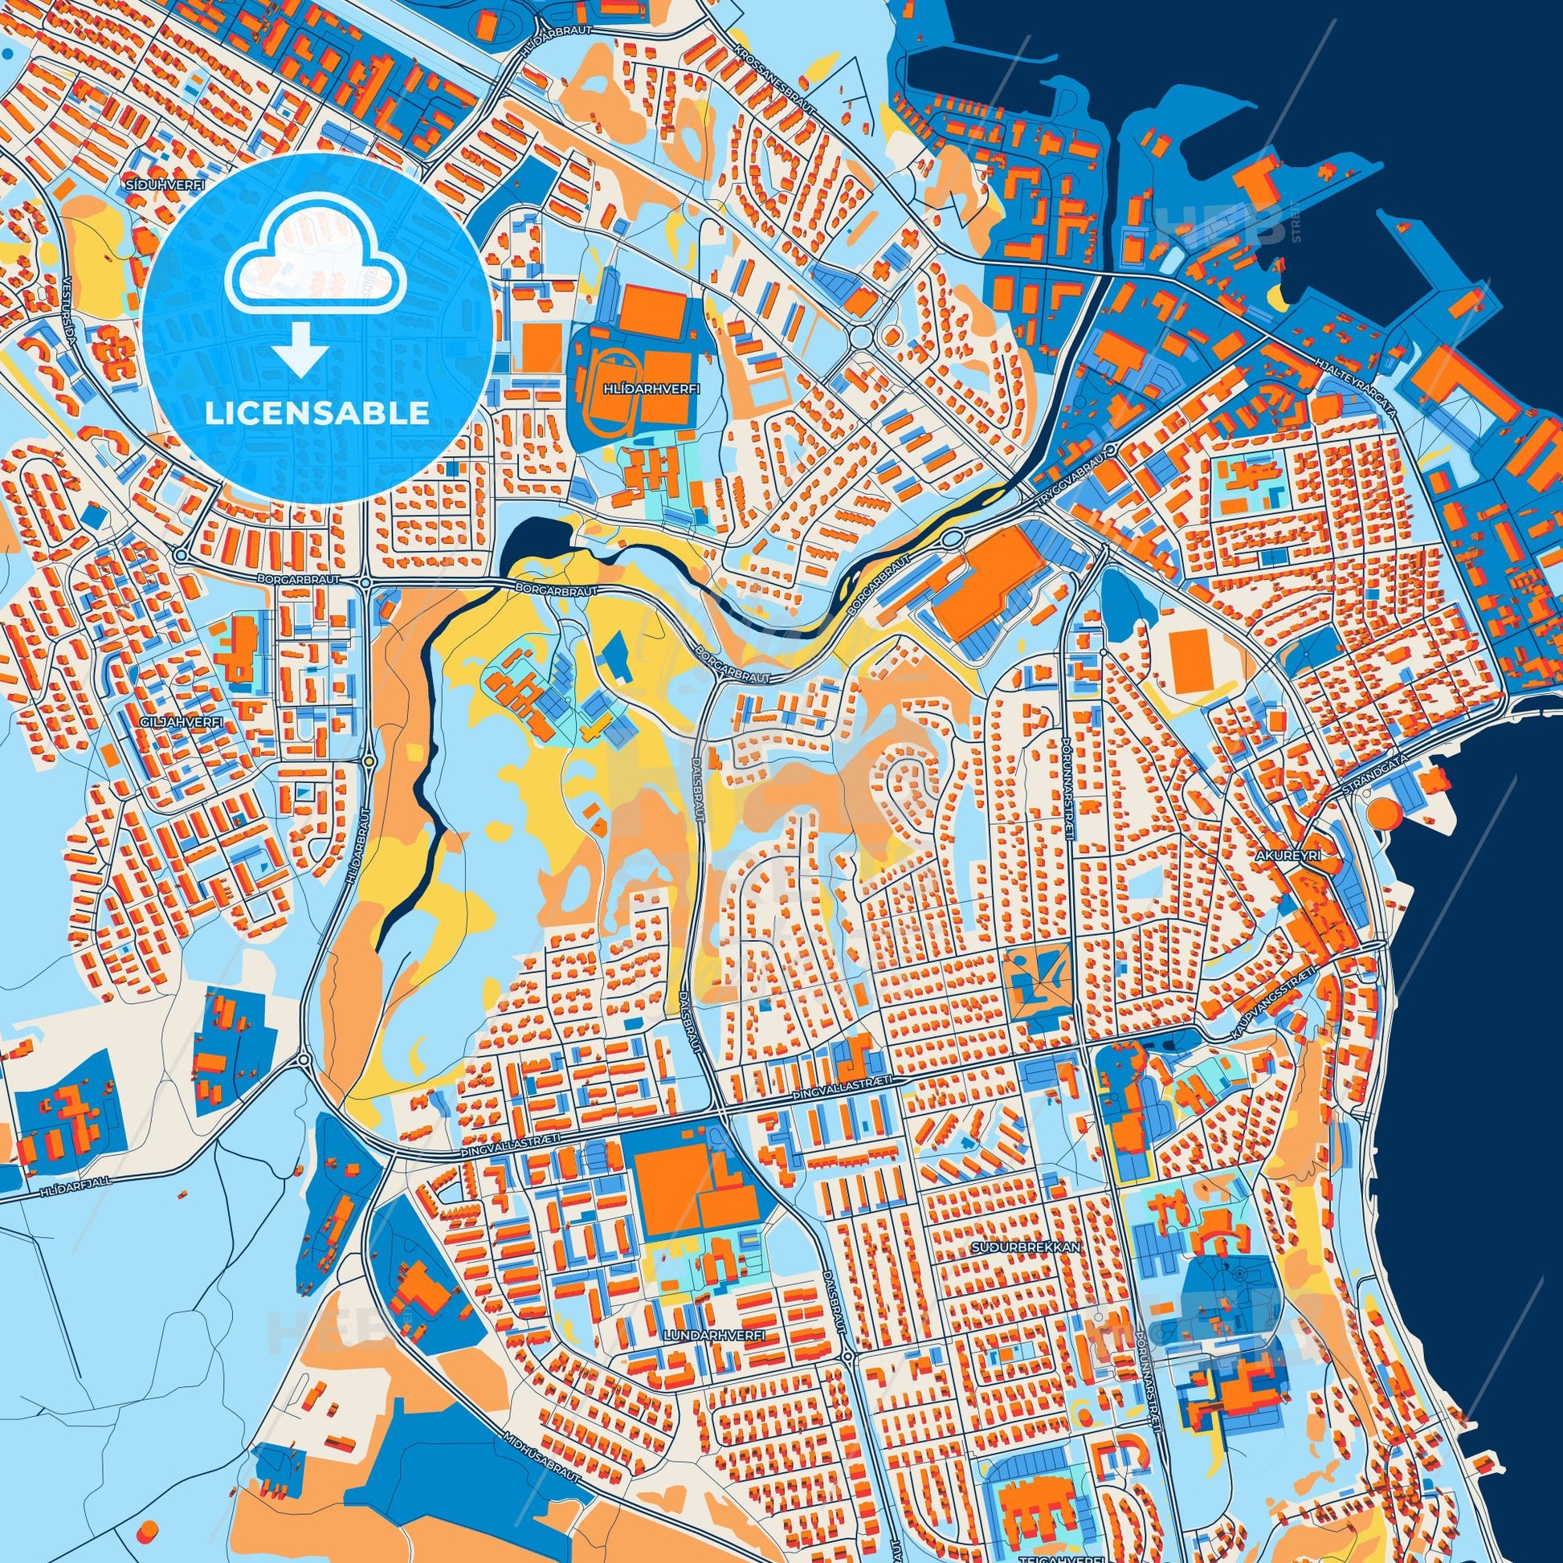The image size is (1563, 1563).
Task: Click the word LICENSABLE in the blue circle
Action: (317, 414)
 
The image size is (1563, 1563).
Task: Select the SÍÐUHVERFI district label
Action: (150, 186)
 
